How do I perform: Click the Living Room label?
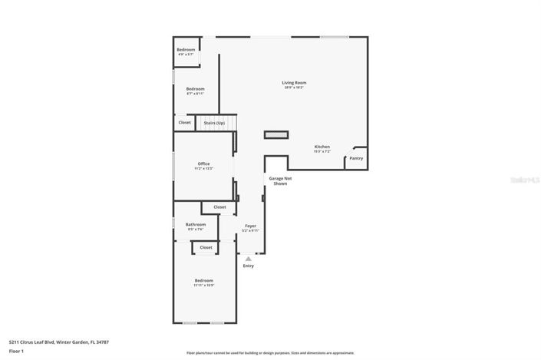click(x=294, y=82)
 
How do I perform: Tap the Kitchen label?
click(x=322, y=147)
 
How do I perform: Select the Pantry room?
click(x=356, y=158)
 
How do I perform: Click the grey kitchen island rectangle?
click(x=275, y=135)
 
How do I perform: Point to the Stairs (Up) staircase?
click(x=215, y=123)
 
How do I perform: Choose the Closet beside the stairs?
click(x=185, y=122)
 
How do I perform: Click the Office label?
click(x=203, y=163)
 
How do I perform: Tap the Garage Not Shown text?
click(x=279, y=181)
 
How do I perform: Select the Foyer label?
click(x=250, y=226)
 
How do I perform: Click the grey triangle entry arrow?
click(x=248, y=259)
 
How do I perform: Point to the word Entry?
click(x=248, y=266)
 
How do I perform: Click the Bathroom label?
click(x=196, y=224)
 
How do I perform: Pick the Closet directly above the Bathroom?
click(x=219, y=206)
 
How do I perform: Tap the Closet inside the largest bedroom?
click(x=206, y=247)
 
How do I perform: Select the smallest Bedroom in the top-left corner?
click(x=186, y=51)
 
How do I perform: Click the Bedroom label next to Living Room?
click(x=195, y=89)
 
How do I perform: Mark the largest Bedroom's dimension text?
click(x=203, y=286)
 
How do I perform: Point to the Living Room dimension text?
click(x=294, y=88)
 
